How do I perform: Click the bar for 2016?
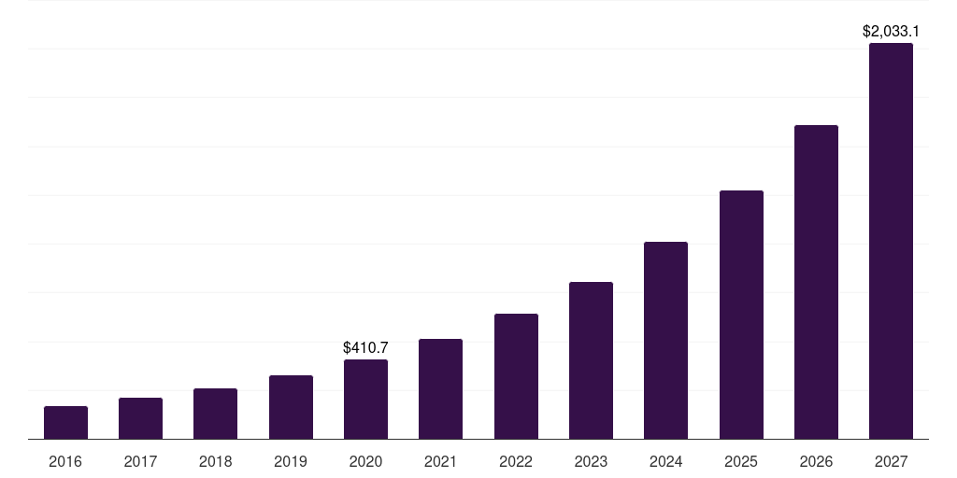click(65, 423)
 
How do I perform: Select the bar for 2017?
click(140, 418)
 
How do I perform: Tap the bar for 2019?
click(291, 407)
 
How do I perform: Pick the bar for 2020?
click(365, 400)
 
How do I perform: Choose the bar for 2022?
click(516, 376)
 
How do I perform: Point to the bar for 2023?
click(591, 360)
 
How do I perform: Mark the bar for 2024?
click(665, 341)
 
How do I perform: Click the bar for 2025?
click(741, 315)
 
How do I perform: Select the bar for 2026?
click(816, 282)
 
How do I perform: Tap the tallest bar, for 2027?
click(891, 241)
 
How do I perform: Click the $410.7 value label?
click(365, 347)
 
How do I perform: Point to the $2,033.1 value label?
click(891, 31)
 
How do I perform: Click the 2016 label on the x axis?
click(65, 461)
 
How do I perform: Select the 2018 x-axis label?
click(215, 461)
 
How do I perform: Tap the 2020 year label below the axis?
click(365, 461)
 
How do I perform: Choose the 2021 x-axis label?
click(440, 461)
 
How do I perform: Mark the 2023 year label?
click(591, 461)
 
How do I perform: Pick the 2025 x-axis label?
click(741, 461)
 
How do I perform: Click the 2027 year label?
click(891, 461)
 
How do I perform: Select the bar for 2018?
click(215, 414)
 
